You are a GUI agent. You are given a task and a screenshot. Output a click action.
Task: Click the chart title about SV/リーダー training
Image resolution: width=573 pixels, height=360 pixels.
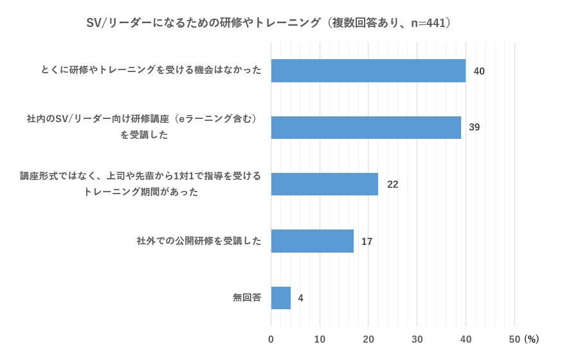[x=269, y=23]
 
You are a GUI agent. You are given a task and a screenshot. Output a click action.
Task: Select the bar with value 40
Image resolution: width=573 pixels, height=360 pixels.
[x=368, y=71]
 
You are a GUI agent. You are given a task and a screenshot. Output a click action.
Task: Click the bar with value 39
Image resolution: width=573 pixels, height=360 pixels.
[x=366, y=127]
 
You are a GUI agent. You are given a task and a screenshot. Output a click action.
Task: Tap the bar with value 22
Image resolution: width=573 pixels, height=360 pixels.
[x=324, y=184]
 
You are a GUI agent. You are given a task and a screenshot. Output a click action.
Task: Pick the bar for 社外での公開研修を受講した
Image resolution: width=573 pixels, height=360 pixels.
[x=312, y=241]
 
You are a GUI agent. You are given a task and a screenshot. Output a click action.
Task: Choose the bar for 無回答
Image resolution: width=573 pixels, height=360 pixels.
[x=280, y=298]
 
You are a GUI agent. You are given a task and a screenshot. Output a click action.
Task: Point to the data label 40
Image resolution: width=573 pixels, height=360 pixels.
[x=479, y=71]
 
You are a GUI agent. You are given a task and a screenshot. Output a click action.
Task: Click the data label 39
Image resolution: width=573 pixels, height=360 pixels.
[x=475, y=127]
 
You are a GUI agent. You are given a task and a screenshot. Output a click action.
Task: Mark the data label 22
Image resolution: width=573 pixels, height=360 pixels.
[x=392, y=184]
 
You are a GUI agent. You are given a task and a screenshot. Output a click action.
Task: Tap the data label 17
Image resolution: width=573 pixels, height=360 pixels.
[x=367, y=242]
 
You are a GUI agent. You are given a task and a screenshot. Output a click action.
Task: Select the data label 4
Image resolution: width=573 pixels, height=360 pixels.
[x=300, y=298]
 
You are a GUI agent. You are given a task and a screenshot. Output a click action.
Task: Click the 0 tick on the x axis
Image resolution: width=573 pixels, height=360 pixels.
[x=271, y=339]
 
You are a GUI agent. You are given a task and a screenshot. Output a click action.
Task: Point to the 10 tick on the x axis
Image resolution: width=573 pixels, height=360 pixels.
[x=320, y=339]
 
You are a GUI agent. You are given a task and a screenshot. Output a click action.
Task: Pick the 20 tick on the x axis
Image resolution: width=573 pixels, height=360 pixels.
[x=368, y=339]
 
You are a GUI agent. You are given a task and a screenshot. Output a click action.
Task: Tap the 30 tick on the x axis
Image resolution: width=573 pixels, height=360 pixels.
[x=417, y=339]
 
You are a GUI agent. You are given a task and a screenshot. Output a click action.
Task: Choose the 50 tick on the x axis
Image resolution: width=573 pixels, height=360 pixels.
[x=514, y=339]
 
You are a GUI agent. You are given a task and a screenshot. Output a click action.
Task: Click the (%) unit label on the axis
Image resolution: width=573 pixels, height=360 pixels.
[x=531, y=339]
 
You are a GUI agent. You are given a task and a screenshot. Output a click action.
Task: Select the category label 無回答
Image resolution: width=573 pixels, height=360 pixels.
[x=247, y=298]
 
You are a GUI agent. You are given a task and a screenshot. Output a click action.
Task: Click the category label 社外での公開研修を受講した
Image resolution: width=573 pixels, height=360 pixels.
[x=199, y=242]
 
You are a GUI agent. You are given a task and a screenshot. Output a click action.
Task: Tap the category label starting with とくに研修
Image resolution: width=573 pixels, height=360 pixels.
[x=151, y=71]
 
